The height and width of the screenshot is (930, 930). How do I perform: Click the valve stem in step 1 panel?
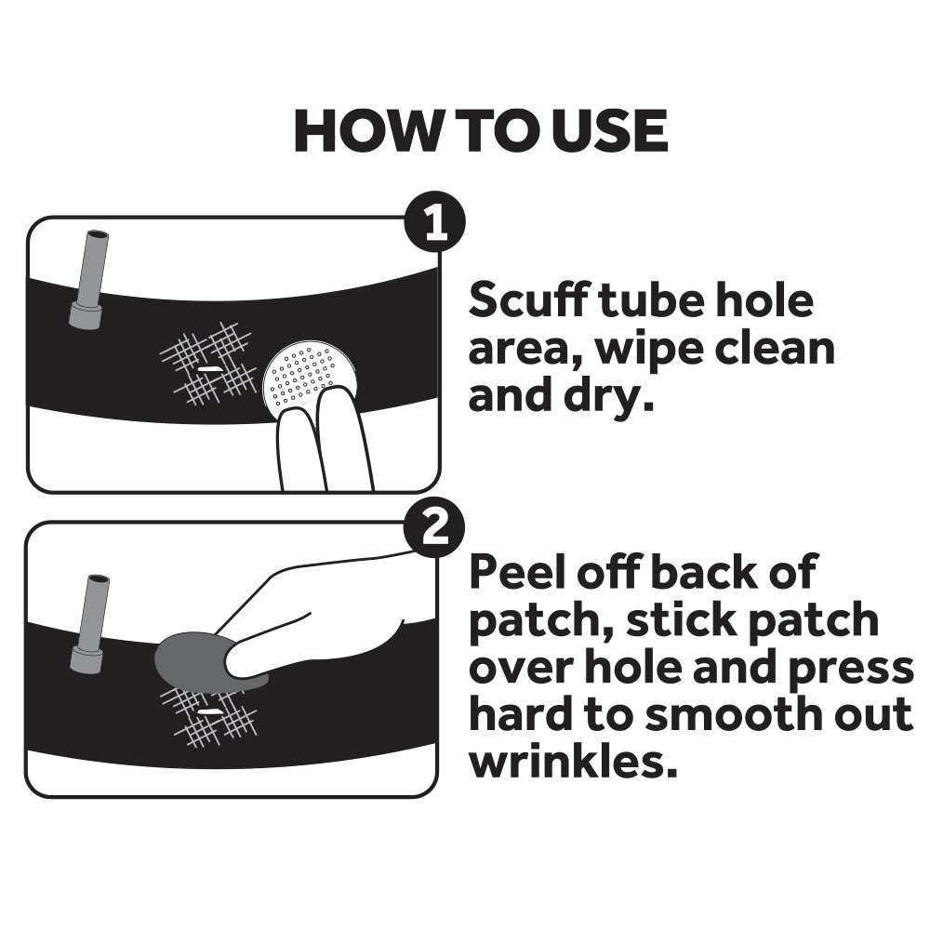point(89,279)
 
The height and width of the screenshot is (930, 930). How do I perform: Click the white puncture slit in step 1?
point(208,369)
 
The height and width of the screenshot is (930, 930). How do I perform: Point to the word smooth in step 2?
point(684,715)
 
